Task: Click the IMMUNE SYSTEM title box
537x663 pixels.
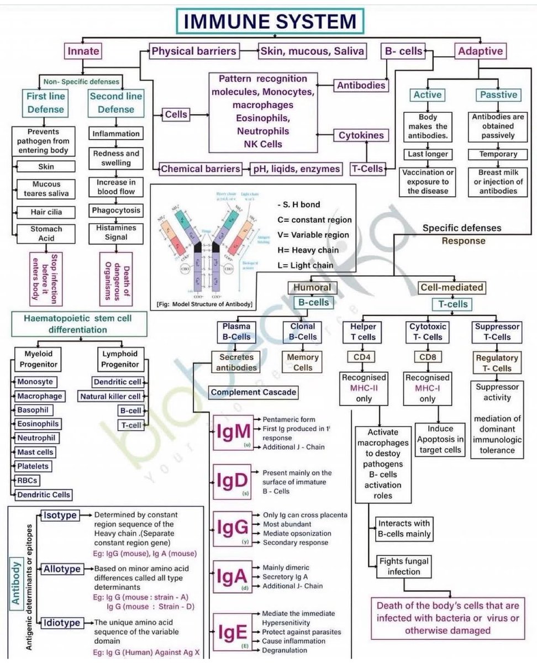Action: coord(270,22)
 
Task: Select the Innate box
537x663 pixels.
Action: coord(83,51)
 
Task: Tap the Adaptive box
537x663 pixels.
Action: coord(480,51)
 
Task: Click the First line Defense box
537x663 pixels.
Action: coord(46,102)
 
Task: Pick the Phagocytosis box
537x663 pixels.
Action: coord(117,211)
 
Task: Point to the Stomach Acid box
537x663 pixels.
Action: coord(46,234)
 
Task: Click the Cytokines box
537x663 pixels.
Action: coord(361,135)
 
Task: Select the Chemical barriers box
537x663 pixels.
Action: coord(201,169)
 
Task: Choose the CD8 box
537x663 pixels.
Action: coord(427,357)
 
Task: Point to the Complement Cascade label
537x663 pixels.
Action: coord(254,393)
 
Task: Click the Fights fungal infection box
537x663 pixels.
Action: coord(404,566)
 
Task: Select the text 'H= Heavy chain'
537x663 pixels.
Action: coord(306,250)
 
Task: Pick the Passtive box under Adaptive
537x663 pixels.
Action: coord(498,94)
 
